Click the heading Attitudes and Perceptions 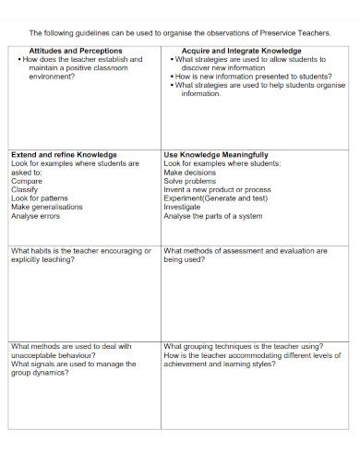[75, 50]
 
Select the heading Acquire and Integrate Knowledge [242, 50]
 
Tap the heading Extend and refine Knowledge [64, 154]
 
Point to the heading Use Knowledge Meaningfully [216, 154]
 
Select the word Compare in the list [27, 181]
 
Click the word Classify [26, 189]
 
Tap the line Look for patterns [40, 198]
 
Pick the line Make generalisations [47, 207]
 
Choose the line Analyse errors [36, 216]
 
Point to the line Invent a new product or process [218, 189]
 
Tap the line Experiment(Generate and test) [216, 198]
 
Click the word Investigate [187, 207]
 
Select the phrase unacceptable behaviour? [48, 355]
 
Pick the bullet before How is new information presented [174, 76]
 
